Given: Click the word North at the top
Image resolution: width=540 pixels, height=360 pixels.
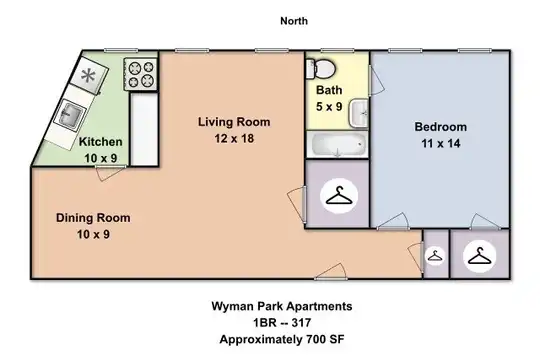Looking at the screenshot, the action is [294, 21].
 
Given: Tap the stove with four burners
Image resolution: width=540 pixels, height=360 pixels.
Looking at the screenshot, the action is [141, 74].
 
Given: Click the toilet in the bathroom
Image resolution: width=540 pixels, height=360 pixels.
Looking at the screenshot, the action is [321, 68].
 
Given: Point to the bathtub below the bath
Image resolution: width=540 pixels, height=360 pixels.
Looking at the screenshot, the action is [338, 145].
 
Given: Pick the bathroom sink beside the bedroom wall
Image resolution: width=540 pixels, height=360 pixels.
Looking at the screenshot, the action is [359, 113].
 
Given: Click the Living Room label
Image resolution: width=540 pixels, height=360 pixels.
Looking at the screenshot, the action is [234, 122].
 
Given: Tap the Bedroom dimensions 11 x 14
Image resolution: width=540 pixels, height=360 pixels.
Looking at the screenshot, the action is [441, 143].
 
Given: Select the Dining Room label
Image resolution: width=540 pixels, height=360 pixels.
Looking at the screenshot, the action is [93, 218].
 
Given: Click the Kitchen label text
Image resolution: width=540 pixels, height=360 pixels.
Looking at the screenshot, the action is [101, 142].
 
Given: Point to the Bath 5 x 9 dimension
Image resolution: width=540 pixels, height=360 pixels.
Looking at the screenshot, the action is [329, 106].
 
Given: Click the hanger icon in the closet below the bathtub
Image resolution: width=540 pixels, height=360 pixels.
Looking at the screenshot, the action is [339, 196].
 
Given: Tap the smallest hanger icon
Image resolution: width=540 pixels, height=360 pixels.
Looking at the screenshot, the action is [435, 256].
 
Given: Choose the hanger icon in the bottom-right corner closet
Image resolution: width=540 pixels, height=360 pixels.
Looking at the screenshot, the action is [479, 256].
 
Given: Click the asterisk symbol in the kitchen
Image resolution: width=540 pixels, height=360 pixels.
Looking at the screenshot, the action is [88, 75].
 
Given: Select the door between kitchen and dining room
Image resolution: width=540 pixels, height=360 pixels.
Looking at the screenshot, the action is [111, 172].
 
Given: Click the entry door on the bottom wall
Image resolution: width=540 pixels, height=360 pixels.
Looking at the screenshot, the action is [330, 272].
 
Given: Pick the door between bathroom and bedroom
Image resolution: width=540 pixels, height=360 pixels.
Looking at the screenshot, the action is [376, 81].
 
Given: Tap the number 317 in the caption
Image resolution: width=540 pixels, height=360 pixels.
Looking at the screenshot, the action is [301, 323].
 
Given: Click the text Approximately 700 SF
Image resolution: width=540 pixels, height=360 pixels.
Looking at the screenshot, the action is [282, 339].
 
